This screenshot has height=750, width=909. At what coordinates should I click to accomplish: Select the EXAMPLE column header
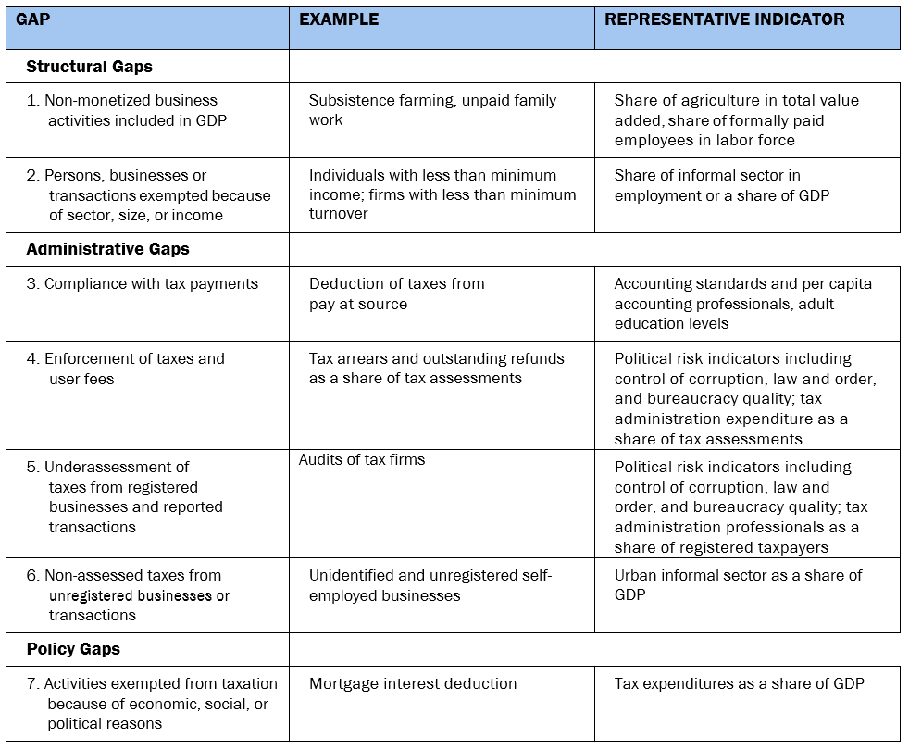[339, 19]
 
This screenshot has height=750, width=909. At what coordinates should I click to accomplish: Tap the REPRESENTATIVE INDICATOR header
[725, 19]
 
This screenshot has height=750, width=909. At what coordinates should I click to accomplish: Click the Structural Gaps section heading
[89, 67]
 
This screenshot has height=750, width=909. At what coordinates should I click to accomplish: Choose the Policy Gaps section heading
[73, 649]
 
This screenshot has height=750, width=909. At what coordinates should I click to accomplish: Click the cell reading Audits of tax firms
[362, 459]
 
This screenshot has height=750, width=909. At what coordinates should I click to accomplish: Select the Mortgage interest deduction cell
[413, 684]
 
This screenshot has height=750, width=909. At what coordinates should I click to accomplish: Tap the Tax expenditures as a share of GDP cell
[739, 684]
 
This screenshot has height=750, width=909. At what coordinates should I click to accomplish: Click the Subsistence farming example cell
[432, 110]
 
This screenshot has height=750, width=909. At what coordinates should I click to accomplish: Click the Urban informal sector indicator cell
[738, 585]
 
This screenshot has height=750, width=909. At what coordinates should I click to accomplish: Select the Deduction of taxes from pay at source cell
[396, 294]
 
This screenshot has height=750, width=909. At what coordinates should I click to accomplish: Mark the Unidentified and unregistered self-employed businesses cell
[430, 585]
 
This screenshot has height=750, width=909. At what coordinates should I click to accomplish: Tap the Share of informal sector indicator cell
[722, 185]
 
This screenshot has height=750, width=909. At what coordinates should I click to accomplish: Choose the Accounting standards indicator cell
[742, 303]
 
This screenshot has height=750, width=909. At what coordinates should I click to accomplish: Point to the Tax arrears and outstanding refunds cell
[436, 368]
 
